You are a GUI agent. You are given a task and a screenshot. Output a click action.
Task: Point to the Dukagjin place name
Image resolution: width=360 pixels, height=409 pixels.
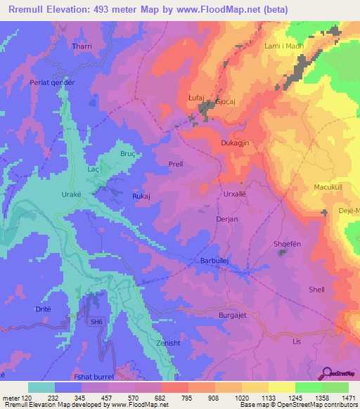click(236, 141)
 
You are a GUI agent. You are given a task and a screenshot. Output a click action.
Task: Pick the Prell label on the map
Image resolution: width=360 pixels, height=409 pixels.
click(176, 164)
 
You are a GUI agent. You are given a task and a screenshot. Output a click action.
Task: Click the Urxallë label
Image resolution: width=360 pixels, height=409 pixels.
click(236, 193)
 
